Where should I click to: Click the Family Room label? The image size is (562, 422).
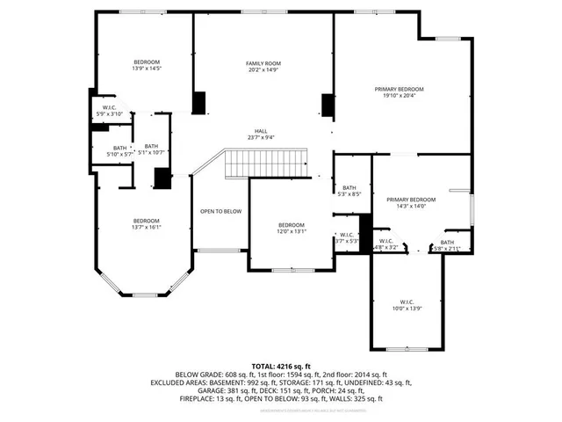[263, 62]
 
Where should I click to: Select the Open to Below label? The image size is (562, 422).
[220, 211]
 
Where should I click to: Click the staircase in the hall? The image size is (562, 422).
[266, 163]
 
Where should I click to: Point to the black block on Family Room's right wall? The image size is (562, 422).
[328, 105]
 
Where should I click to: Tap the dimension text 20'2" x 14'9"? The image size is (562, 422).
[263, 69]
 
